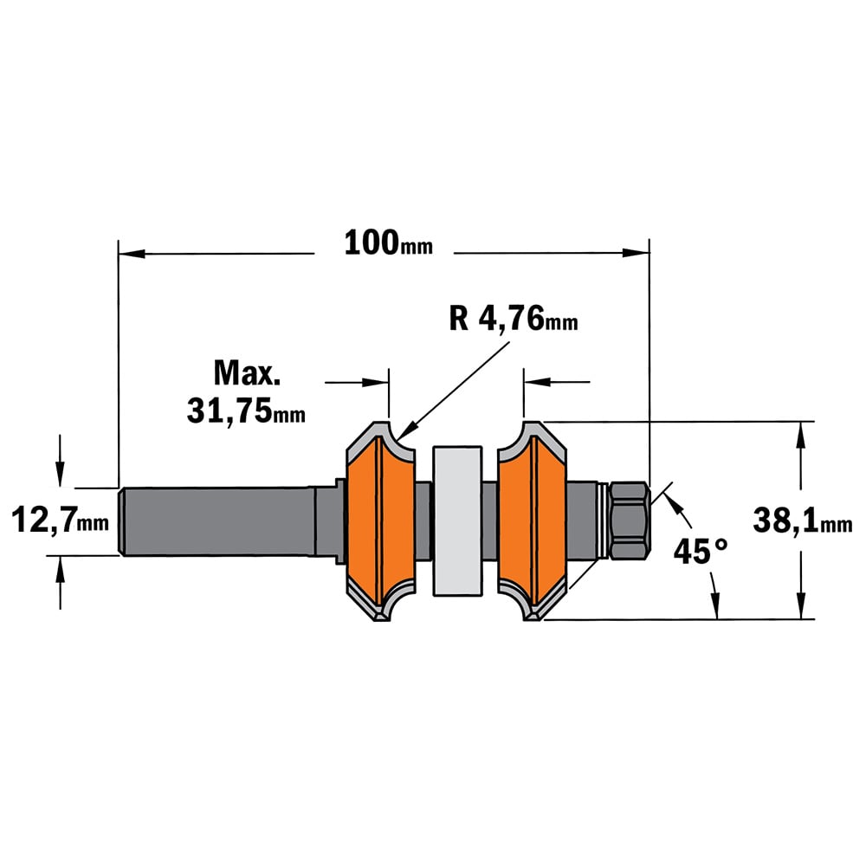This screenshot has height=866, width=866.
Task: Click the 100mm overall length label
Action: click(x=388, y=243)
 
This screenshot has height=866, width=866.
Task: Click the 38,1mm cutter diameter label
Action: click(x=803, y=520)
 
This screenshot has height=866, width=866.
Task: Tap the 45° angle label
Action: click(x=701, y=551)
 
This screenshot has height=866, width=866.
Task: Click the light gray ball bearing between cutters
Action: click(x=457, y=520)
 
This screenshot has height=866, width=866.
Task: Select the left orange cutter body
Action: click(x=381, y=520)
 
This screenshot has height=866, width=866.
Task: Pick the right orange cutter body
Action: click(x=533, y=520)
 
